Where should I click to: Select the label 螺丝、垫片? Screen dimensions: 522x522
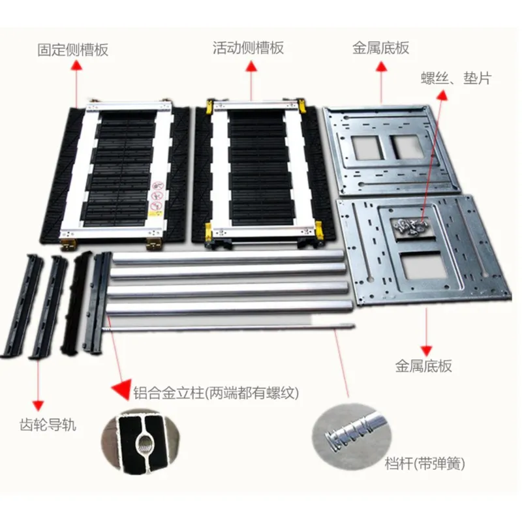pos(455,79)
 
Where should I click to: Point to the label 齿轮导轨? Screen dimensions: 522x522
pos(48,425)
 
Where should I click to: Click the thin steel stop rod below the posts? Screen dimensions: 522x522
pos(228,329)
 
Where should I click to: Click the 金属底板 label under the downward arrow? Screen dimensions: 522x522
pos(423,366)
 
